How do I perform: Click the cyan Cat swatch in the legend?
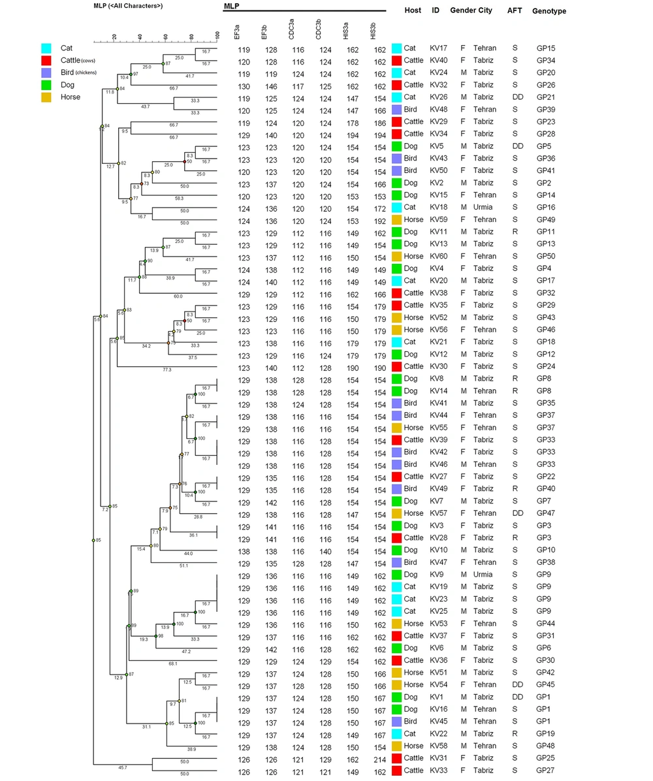point(46,48)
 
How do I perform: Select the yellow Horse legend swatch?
point(46,97)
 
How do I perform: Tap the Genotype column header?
point(549,11)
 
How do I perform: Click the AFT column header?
point(515,11)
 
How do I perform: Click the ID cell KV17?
point(438,48)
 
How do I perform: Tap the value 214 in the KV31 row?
point(379,759)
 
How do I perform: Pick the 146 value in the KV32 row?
point(269,85)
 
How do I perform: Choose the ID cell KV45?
point(438,722)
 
